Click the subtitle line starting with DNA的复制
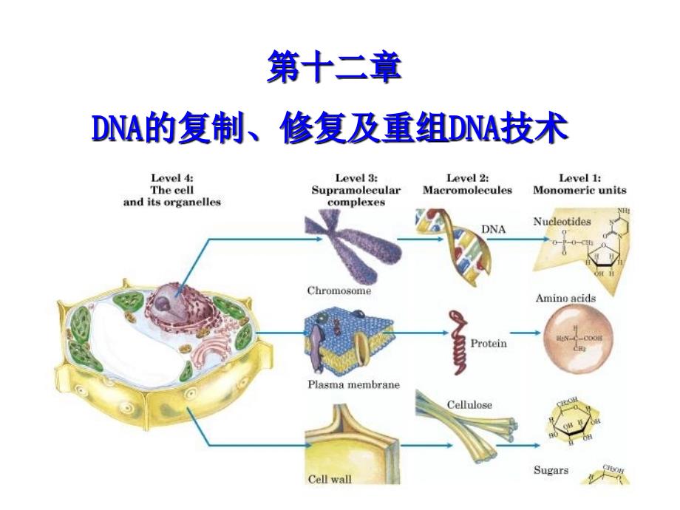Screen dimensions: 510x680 (x=330, y=130)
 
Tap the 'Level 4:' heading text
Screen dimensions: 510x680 (x=171, y=177)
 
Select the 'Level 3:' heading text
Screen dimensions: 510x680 (x=356, y=177)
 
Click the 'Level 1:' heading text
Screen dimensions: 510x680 (x=579, y=177)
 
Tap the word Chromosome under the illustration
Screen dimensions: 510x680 (x=339, y=290)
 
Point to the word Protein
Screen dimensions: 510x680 (x=489, y=344)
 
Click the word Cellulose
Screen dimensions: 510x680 (x=469, y=405)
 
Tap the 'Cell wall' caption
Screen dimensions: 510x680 (x=330, y=479)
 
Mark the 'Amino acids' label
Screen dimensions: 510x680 (x=565, y=298)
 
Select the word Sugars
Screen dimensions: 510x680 (x=550, y=469)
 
